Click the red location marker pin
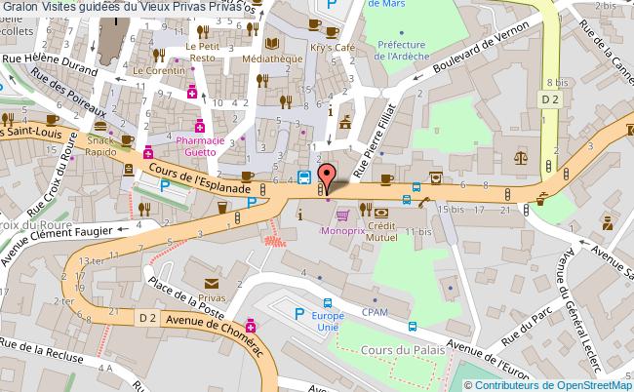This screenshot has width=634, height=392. click(329, 176)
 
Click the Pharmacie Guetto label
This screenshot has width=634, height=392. click(202, 145)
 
